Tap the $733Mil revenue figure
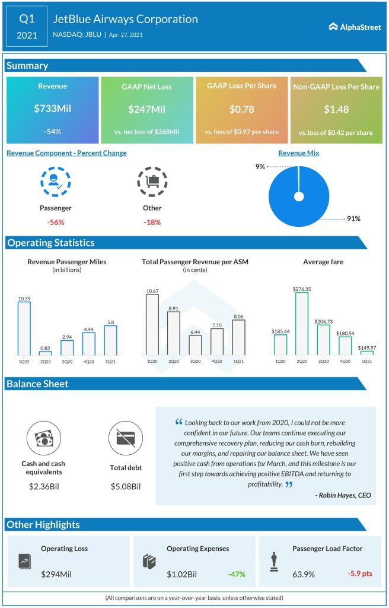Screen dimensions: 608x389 (52, 109)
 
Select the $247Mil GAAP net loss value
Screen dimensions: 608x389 (147, 109)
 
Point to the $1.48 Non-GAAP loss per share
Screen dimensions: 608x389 (336, 109)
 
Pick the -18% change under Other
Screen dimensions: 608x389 (152, 222)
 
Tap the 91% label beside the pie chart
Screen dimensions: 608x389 (354, 219)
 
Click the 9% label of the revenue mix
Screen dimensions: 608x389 (260, 167)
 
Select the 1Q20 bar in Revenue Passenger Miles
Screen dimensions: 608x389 (24, 328)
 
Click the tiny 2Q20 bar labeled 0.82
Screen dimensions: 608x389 (46, 353)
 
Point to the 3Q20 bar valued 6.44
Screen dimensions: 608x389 (195, 344)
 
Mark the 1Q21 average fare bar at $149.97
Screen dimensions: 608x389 (366, 353)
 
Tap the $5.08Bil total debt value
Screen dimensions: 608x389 (126, 487)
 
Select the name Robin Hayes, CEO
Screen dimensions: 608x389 (343, 495)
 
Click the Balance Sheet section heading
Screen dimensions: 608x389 (37, 384)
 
